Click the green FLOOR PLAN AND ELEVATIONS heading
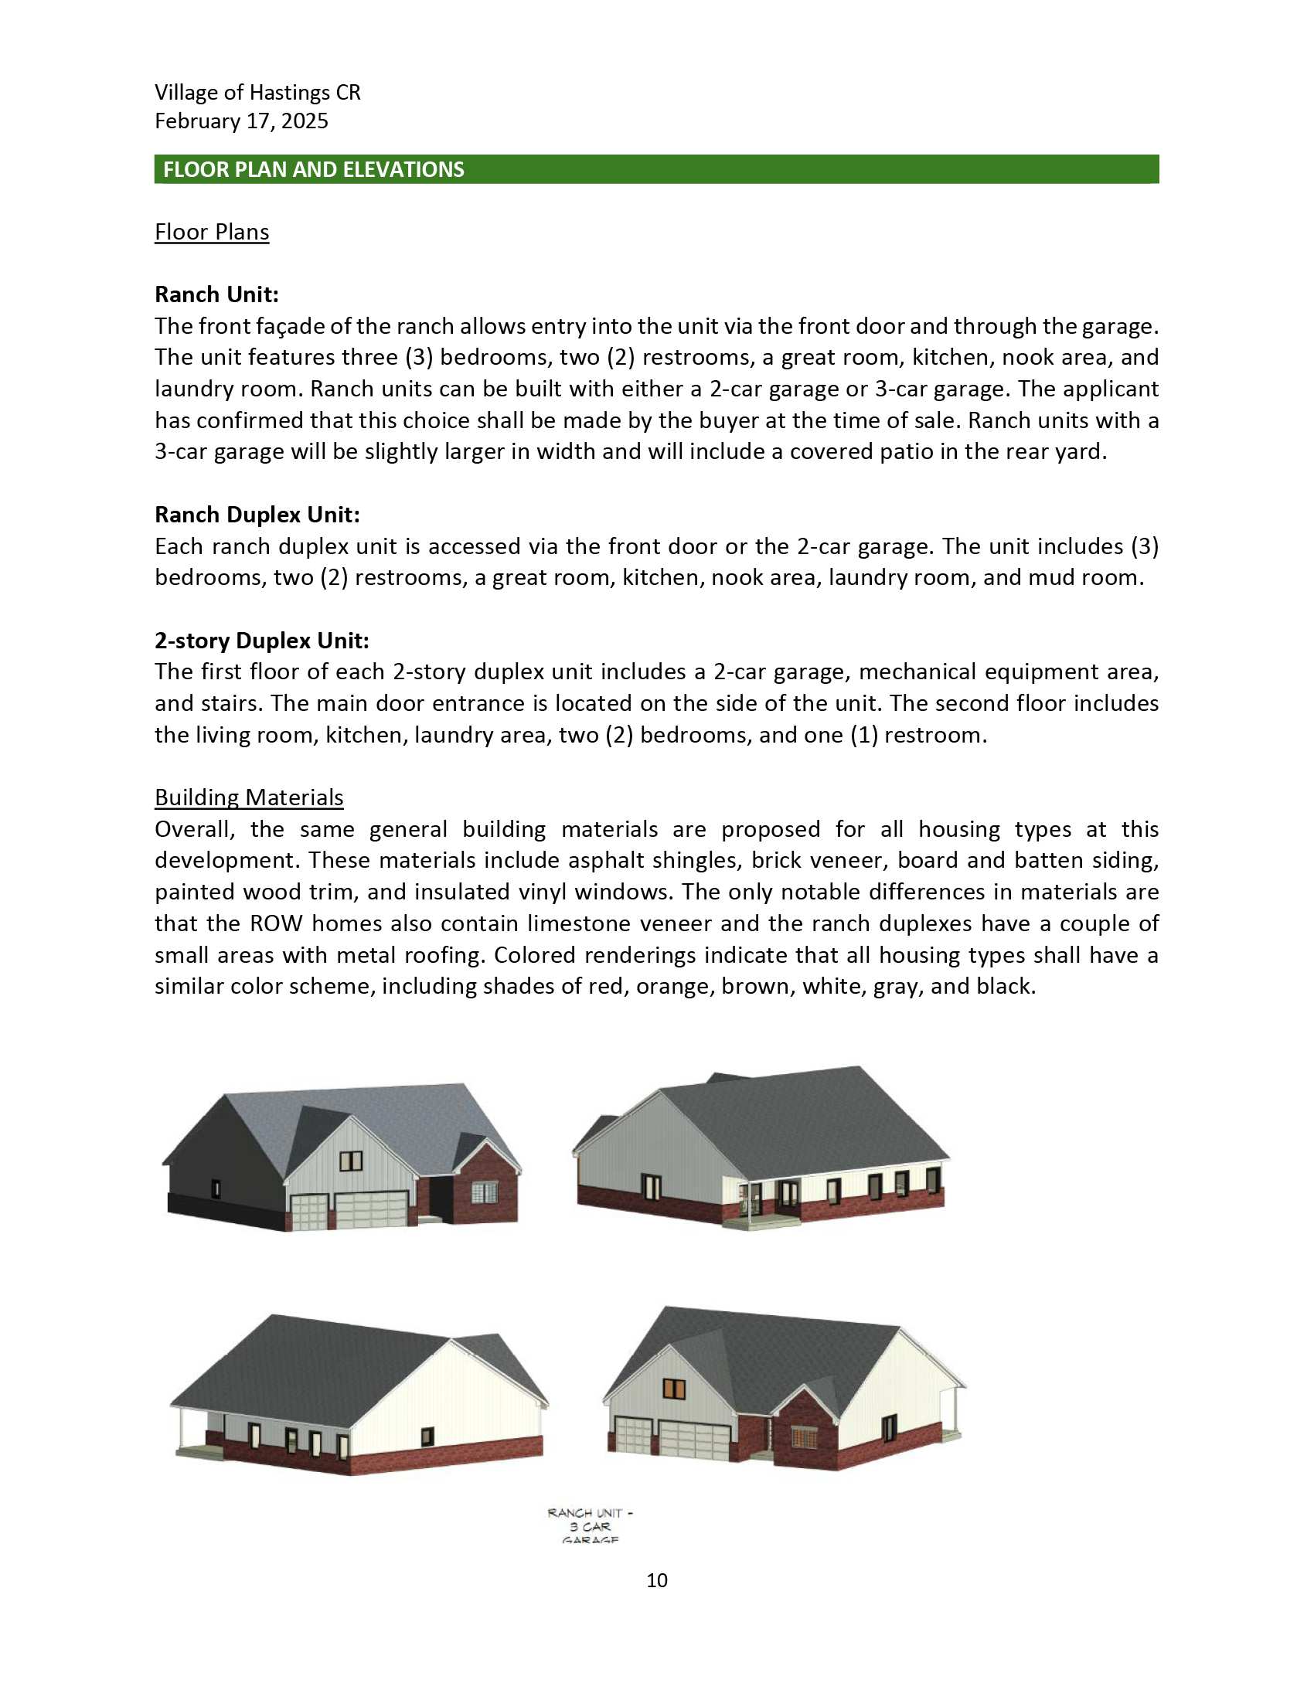[313, 170]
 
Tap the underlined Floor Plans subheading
[212, 232]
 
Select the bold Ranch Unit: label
[216, 294]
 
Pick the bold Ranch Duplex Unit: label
[257, 515]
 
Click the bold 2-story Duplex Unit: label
[261, 641]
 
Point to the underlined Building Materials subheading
[249, 797]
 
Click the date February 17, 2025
[241, 121]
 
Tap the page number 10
[656, 1580]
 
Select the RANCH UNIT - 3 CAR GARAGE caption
[590, 1525]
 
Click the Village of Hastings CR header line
[257, 93]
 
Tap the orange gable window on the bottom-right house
[673, 1388]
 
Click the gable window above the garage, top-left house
[351, 1161]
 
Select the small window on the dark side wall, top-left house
[216, 1188]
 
